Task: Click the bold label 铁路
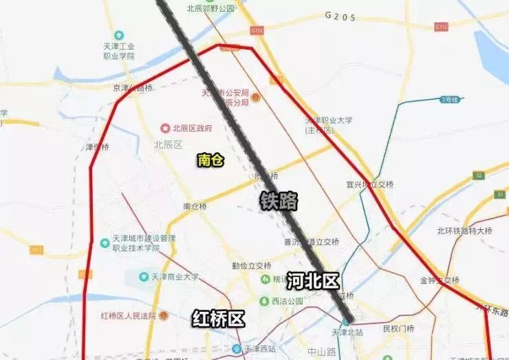click(279, 200)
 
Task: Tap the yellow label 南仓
click(210, 160)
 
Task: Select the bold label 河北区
click(313, 280)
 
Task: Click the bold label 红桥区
click(218, 318)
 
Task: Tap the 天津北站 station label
click(345, 332)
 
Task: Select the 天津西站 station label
click(258, 348)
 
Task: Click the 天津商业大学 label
click(175, 277)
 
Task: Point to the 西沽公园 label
click(287, 301)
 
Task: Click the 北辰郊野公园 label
click(210, 8)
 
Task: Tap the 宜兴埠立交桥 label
click(369, 184)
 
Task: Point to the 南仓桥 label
click(195, 206)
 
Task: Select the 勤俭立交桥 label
click(251, 264)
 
